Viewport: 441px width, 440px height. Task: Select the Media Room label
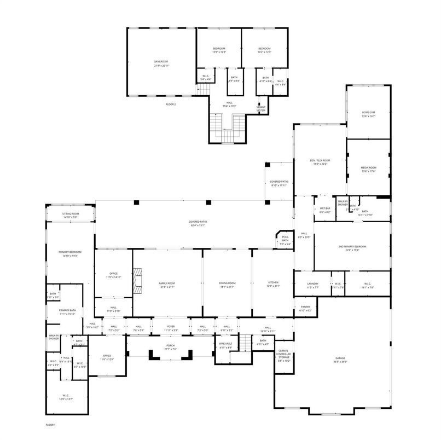368,169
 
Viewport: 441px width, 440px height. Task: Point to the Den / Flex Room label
320,161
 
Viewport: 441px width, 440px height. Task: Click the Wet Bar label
324,210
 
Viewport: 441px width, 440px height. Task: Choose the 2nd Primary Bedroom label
352,248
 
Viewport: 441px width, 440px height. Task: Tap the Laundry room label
312,285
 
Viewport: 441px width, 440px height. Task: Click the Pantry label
305,308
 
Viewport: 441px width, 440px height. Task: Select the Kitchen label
273,283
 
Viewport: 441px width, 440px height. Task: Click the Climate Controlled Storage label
283,355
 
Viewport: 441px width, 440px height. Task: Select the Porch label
170,347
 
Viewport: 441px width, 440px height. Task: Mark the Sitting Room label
71,215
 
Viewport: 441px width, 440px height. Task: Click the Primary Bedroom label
70,253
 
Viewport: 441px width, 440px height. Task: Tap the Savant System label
261,108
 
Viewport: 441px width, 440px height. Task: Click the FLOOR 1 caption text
50,425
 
